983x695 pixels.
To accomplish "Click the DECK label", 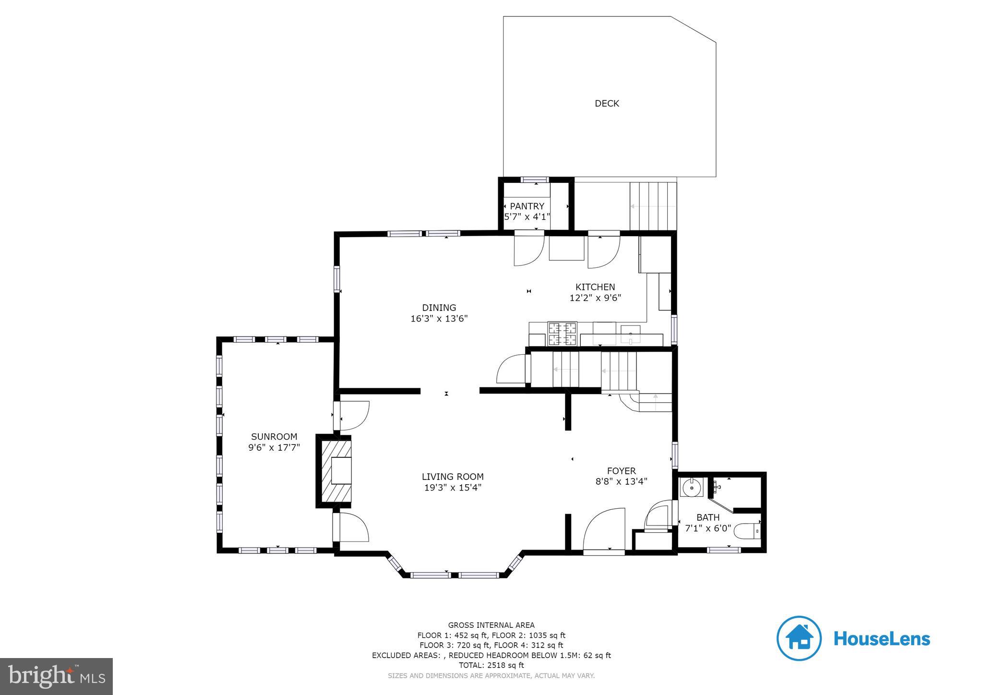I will pos(607,103).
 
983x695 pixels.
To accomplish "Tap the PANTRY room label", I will pos(527,206).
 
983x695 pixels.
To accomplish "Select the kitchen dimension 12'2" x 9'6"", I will pos(595,298).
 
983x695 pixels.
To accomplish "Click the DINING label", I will pos(439,308).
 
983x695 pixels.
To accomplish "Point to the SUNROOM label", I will pos(274,436).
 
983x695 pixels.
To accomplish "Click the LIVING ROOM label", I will pos(452,477).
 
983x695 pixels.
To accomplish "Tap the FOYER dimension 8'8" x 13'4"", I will pos(621,481).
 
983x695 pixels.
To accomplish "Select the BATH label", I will pos(708,517).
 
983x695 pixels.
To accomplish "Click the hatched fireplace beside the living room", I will pos(335,470).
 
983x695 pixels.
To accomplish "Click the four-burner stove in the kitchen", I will pos(562,334).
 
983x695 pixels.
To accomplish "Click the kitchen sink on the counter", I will pos(630,333).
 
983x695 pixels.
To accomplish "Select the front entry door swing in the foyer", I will pos(605,530).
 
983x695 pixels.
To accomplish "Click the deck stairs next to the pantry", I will pos(653,206).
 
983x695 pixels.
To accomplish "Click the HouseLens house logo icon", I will pos(799,638).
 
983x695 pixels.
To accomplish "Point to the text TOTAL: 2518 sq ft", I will pos(491,665).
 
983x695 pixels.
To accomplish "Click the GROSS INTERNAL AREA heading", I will pos(491,625).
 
